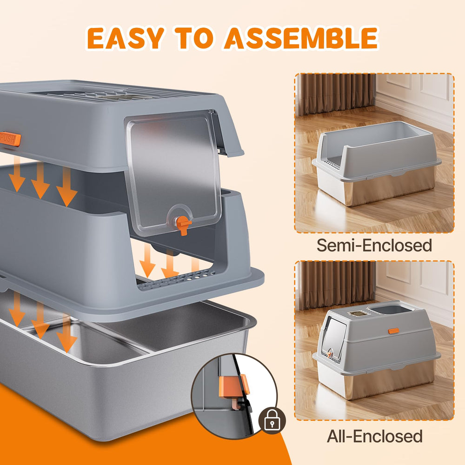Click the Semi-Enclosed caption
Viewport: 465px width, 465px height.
tap(374, 245)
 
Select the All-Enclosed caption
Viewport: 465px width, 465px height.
tap(374, 436)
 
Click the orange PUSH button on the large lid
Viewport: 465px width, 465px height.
tap(10, 139)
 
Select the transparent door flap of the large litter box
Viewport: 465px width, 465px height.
tap(172, 167)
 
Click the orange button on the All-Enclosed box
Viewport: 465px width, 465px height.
tap(393, 331)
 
